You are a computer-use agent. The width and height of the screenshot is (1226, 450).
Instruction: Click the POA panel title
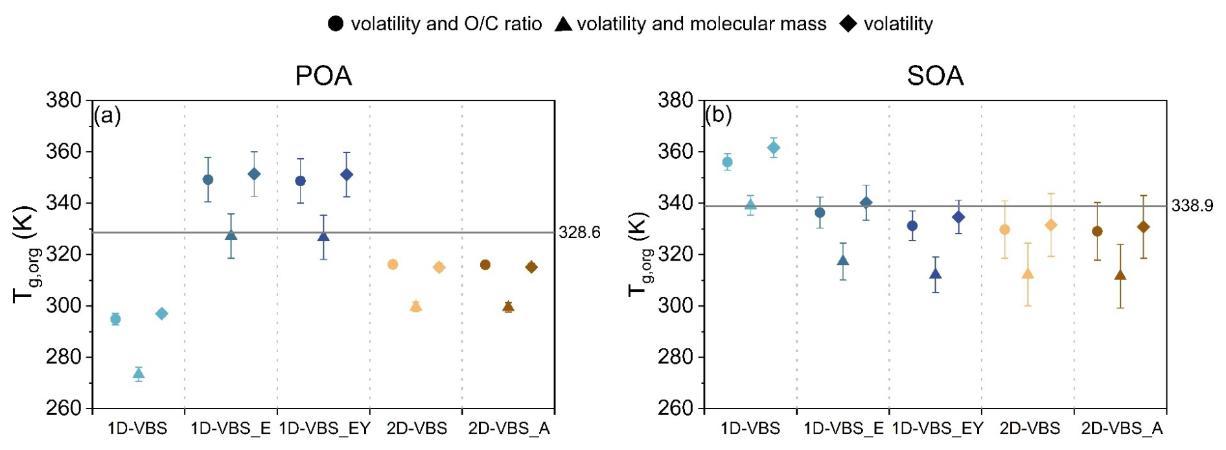click(323, 77)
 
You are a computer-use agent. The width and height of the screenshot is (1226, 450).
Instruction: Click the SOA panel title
click(935, 77)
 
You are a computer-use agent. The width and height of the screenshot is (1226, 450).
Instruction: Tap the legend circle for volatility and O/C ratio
click(336, 25)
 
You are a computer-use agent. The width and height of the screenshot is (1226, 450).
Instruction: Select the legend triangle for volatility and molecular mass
click(563, 25)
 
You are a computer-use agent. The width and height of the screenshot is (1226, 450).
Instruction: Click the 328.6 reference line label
click(579, 233)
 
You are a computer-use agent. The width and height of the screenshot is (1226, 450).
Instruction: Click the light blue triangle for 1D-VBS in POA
click(139, 373)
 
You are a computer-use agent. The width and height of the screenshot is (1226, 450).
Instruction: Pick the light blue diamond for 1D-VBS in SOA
click(774, 148)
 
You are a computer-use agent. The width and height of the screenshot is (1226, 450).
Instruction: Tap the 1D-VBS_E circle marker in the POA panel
click(208, 180)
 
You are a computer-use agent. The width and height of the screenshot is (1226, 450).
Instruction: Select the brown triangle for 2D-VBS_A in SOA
click(1120, 275)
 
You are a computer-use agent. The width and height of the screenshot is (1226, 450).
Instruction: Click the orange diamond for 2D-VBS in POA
click(439, 267)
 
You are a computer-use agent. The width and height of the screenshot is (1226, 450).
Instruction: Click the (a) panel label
click(108, 116)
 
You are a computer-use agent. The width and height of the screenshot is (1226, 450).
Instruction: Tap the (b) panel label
click(719, 116)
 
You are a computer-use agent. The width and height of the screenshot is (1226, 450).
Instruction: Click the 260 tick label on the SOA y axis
click(676, 409)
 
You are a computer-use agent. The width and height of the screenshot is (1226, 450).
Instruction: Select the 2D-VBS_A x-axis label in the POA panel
click(509, 429)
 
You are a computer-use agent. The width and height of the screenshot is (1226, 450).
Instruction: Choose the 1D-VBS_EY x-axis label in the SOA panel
click(936, 429)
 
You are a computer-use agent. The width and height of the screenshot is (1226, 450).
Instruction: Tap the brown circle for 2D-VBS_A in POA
click(485, 265)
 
